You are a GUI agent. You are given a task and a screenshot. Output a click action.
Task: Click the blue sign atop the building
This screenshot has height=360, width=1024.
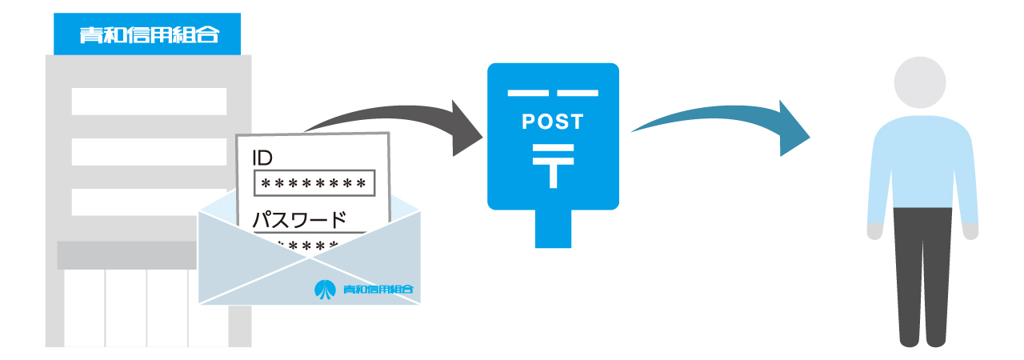(148, 34)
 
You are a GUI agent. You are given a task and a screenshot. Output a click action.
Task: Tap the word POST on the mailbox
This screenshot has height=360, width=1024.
(553, 122)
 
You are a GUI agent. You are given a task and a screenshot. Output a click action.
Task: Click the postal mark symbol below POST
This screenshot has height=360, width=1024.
(553, 165)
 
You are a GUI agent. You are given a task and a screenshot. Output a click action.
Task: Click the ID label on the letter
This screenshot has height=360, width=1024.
(262, 158)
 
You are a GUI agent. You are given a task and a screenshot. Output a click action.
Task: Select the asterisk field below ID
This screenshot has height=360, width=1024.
(314, 184)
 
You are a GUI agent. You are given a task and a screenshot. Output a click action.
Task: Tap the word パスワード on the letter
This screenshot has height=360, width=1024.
(300, 219)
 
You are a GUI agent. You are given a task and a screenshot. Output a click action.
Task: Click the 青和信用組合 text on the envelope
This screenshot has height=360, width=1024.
(378, 290)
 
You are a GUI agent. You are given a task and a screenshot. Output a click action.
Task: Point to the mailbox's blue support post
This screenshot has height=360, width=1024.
(553, 228)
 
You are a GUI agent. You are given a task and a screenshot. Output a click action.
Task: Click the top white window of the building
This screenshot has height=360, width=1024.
(149, 102)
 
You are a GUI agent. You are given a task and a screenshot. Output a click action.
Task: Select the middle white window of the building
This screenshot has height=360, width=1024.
(149, 151)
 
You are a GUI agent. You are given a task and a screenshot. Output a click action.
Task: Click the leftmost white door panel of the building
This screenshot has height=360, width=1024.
(84, 308)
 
